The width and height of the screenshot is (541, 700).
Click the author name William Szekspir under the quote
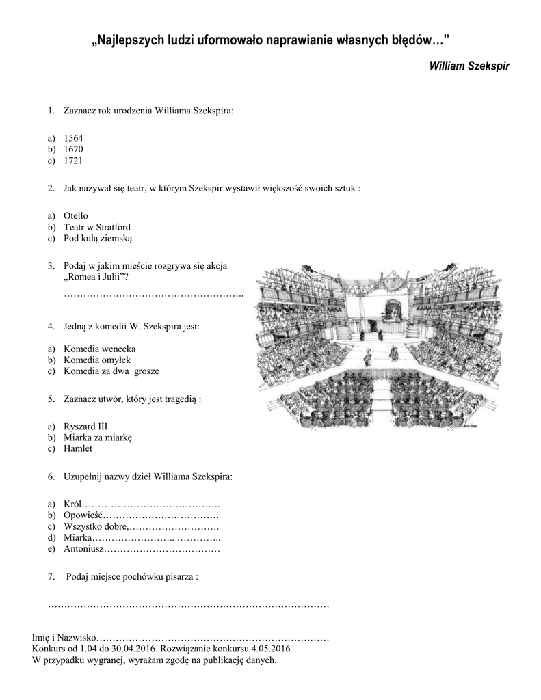pyautogui.click(x=469, y=66)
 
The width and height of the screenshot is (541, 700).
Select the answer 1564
pyautogui.click(x=73, y=137)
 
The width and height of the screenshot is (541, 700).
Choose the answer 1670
pyautogui.click(x=73, y=149)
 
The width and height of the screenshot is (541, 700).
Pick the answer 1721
pyautogui.click(x=73, y=161)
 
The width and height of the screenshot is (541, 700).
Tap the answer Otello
pyautogui.click(x=76, y=215)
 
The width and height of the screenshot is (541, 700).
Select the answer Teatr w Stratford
pyautogui.click(x=97, y=227)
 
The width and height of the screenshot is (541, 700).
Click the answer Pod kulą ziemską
pyautogui.click(x=98, y=239)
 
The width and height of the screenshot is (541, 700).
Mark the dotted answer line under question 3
pyautogui.click(x=154, y=294)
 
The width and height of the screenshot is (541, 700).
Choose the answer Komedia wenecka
pyautogui.click(x=99, y=348)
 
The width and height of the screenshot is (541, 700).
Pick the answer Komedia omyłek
pyautogui.click(x=96, y=360)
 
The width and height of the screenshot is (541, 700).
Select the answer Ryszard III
pyautogui.click(x=85, y=425)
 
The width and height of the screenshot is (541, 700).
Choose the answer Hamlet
pyautogui.click(x=78, y=448)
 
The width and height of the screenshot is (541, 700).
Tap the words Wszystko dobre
pyautogui.click(x=95, y=526)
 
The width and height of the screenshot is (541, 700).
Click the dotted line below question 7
pyautogui.click(x=189, y=606)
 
